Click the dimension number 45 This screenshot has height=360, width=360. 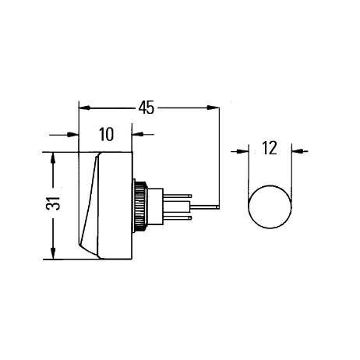[x=146, y=108]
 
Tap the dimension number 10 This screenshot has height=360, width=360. [x=106, y=134]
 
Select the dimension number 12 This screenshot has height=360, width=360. [x=270, y=148]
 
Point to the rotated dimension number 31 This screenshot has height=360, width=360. [x=53, y=203]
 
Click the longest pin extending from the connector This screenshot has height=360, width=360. [x=205, y=207]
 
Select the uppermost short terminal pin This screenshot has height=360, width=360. [x=178, y=196]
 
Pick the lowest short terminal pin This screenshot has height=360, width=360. [x=178, y=217]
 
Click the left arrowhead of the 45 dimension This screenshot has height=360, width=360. [x=84, y=108]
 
